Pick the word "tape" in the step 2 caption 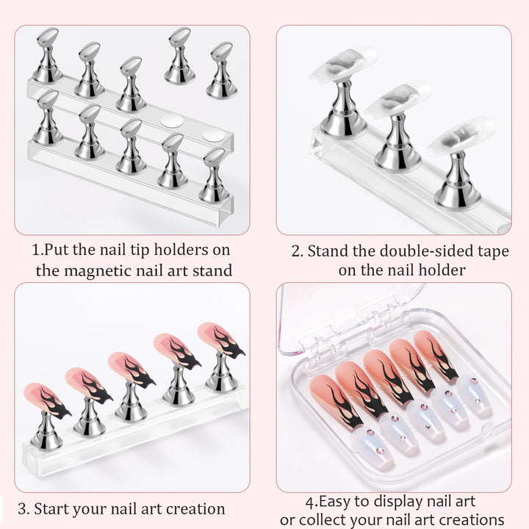(x=488, y=251)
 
